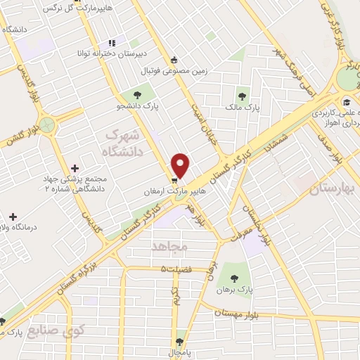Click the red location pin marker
pyautogui.click(x=181, y=165)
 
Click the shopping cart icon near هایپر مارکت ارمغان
pyautogui.click(x=174, y=180)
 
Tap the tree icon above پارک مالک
pyautogui.click(x=242, y=96)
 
